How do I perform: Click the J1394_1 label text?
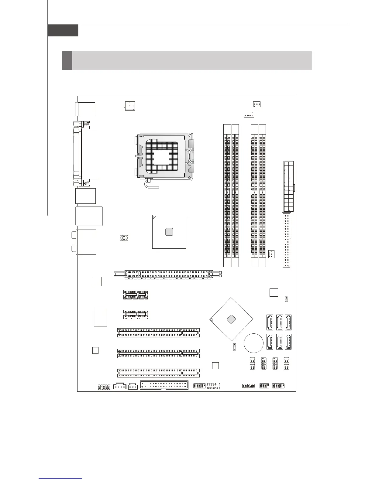[213, 384]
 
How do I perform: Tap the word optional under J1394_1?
[213, 388]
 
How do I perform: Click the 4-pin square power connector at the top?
[130, 105]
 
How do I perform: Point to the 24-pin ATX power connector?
[288, 186]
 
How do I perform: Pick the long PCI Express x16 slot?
[167, 274]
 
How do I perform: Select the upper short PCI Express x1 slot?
[136, 295]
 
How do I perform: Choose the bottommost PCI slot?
[158, 373]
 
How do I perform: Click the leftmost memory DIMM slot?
[227, 195]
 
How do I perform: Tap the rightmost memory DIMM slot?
[262, 195]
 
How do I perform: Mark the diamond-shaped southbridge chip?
[232, 319]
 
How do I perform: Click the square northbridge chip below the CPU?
[169, 232]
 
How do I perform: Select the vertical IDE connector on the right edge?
[286, 241]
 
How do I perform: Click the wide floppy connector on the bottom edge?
[164, 385]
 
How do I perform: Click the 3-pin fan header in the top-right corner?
[257, 104]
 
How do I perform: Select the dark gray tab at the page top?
[63, 30]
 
